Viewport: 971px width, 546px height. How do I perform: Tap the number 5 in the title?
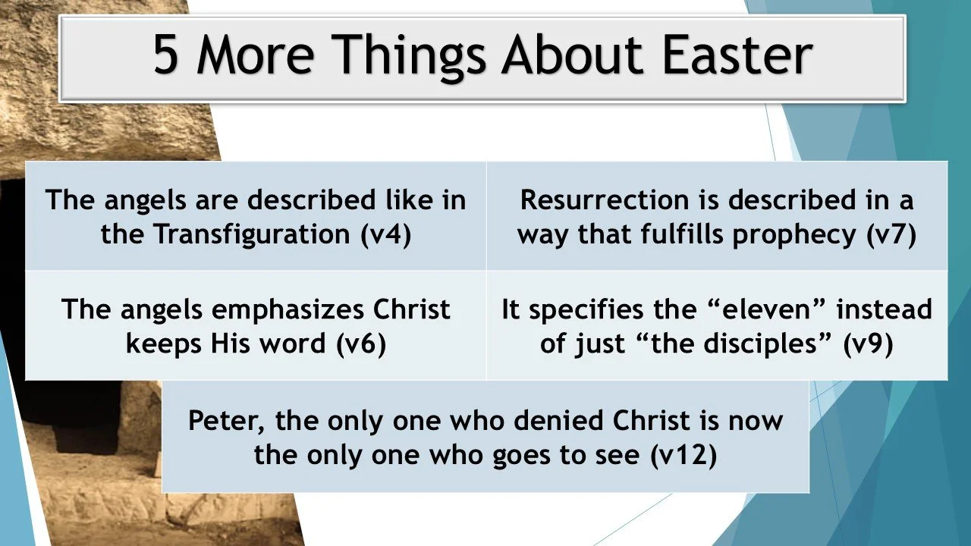click(166, 55)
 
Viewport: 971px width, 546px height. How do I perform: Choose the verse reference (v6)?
click(361, 344)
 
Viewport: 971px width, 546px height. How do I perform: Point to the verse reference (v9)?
click(868, 344)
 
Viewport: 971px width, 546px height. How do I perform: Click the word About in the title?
click(565, 55)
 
